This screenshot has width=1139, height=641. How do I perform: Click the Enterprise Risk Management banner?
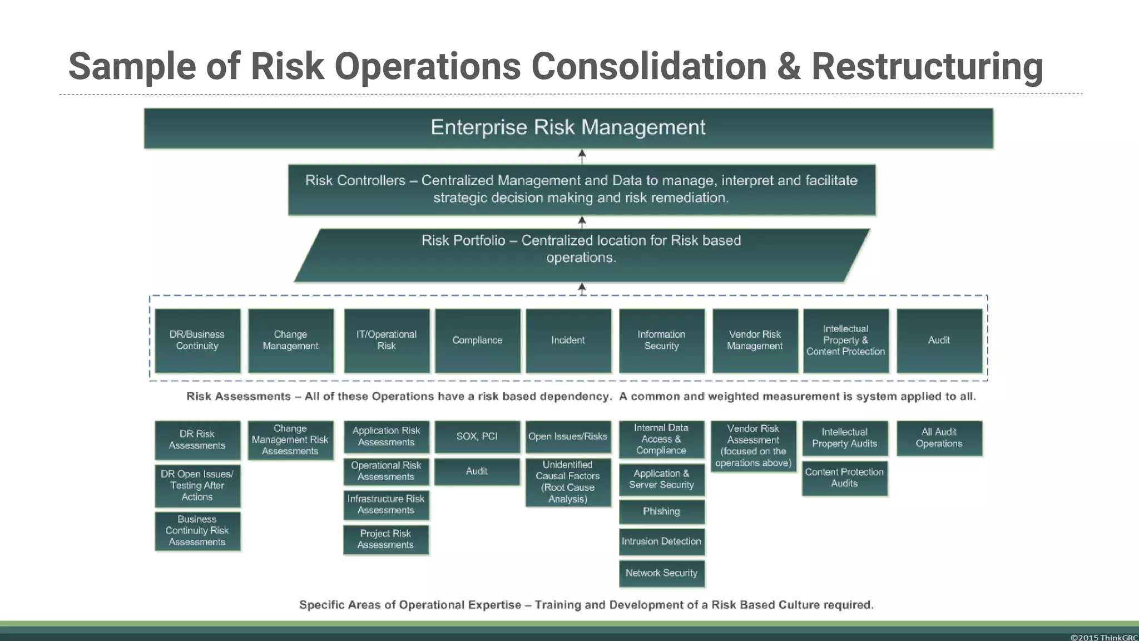click(568, 128)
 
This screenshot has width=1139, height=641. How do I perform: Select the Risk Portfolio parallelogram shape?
click(581, 255)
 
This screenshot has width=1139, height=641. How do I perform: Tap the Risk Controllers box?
click(581, 189)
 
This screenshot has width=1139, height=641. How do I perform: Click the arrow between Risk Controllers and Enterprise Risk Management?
click(582, 156)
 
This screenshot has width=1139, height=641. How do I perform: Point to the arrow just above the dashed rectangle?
click(582, 289)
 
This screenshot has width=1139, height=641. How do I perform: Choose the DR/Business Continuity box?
click(197, 341)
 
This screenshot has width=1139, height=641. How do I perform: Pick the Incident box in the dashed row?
click(568, 341)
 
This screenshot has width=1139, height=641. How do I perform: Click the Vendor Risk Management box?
click(755, 341)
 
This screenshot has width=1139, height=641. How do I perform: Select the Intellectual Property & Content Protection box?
click(845, 341)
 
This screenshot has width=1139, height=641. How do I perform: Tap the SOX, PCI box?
click(477, 437)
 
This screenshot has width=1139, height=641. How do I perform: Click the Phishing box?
click(661, 511)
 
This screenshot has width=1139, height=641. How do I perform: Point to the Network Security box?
click(661, 573)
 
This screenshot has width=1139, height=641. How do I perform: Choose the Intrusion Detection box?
click(661, 541)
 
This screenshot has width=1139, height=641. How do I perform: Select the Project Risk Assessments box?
click(385, 539)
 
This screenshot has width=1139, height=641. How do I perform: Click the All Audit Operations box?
click(939, 438)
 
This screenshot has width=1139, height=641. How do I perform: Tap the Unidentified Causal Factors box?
click(568, 482)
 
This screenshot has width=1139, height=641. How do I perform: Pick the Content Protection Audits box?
click(844, 478)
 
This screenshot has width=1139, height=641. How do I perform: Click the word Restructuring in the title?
click(927, 66)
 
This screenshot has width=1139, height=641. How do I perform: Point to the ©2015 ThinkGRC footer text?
click(1103, 637)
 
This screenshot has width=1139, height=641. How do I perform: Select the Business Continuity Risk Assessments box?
click(197, 531)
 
